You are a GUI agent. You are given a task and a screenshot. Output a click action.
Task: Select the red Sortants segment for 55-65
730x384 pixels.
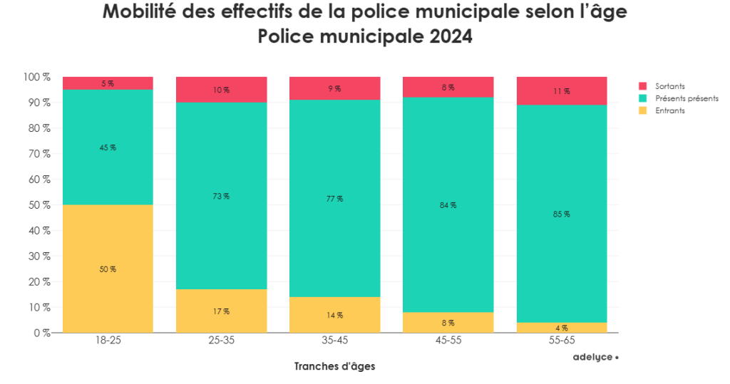point(562,91)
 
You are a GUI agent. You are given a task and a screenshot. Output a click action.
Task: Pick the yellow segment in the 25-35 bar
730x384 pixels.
point(221,311)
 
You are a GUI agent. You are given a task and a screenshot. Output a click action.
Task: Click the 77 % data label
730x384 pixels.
point(335,199)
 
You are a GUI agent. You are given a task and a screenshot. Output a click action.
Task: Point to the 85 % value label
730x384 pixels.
point(562,214)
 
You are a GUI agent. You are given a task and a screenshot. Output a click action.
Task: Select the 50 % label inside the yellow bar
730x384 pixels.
point(108,269)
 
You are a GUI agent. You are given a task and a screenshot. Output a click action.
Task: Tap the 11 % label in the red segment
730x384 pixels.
point(562,91)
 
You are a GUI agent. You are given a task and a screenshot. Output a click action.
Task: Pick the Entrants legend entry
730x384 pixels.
point(671,110)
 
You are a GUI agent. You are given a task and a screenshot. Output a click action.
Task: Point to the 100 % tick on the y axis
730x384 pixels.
point(36,77)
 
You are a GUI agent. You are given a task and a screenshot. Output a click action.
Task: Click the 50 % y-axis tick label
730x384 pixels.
point(38,205)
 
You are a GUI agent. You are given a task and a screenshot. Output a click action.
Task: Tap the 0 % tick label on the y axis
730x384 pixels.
point(41,333)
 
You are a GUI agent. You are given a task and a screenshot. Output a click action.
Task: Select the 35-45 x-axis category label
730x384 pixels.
point(335,341)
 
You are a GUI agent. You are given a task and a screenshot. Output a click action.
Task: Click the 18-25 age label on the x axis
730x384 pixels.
point(108,341)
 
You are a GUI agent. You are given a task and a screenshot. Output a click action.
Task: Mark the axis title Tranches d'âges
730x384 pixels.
point(334,366)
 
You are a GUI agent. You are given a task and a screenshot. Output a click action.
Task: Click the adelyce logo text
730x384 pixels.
point(593,357)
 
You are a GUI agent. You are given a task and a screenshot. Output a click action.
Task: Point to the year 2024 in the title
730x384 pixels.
point(451,36)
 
